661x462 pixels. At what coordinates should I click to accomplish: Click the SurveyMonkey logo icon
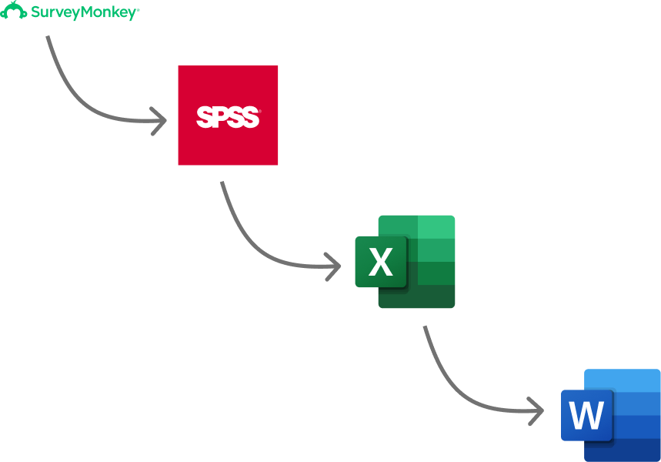14,12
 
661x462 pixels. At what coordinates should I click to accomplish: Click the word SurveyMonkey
84,12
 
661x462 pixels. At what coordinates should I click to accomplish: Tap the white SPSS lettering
228,117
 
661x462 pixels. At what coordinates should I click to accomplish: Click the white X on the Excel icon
381,263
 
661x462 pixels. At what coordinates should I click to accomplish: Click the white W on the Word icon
587,416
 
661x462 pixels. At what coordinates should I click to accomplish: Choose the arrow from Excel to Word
454,389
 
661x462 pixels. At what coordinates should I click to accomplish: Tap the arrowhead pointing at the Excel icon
336,267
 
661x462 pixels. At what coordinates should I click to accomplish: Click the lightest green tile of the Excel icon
436,227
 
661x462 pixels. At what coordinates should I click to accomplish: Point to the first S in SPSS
204,117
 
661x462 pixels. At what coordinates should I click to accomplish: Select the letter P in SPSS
220,117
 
